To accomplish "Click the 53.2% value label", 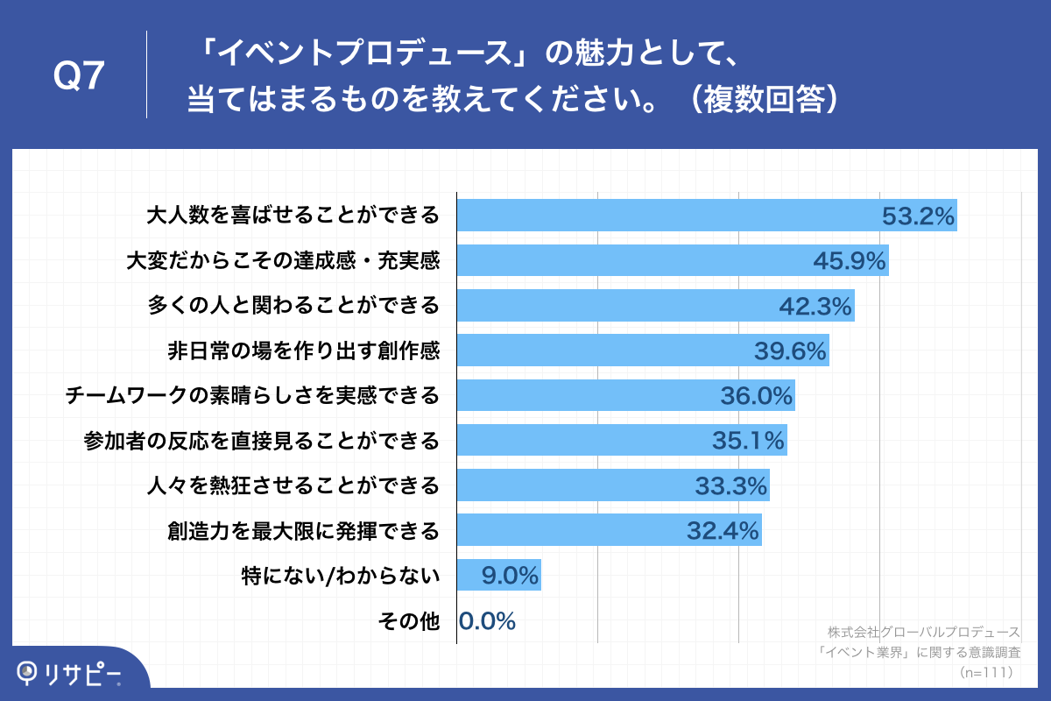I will (917, 216).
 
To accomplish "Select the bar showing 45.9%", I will (673, 260).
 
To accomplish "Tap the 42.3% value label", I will (815, 306).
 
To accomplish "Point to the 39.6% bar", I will (642, 350).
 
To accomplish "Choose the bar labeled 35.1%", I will (621, 441).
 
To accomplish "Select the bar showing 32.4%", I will (609, 530).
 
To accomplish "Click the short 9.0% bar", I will (498, 576).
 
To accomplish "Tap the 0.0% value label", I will (487, 621).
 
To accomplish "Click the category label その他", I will (408, 621).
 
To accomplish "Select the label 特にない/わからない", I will (340, 576).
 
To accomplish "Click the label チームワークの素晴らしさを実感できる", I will (252, 396).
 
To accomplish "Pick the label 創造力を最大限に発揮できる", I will (303, 530).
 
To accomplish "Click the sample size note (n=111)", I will (986, 672).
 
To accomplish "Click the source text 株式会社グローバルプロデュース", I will (923, 632).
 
